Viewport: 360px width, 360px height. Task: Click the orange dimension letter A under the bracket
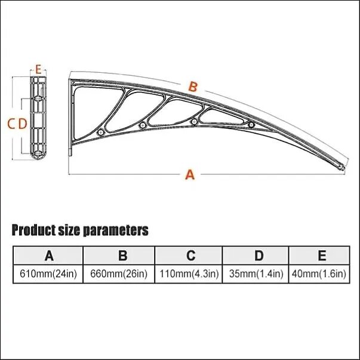190,174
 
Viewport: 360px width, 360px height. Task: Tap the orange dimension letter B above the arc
193,87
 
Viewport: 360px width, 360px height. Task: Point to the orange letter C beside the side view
11,124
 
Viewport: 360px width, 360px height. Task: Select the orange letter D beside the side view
23,124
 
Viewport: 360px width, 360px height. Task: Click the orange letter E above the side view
38,69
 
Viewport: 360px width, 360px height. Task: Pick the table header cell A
48,256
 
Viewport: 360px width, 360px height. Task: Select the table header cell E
319,256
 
